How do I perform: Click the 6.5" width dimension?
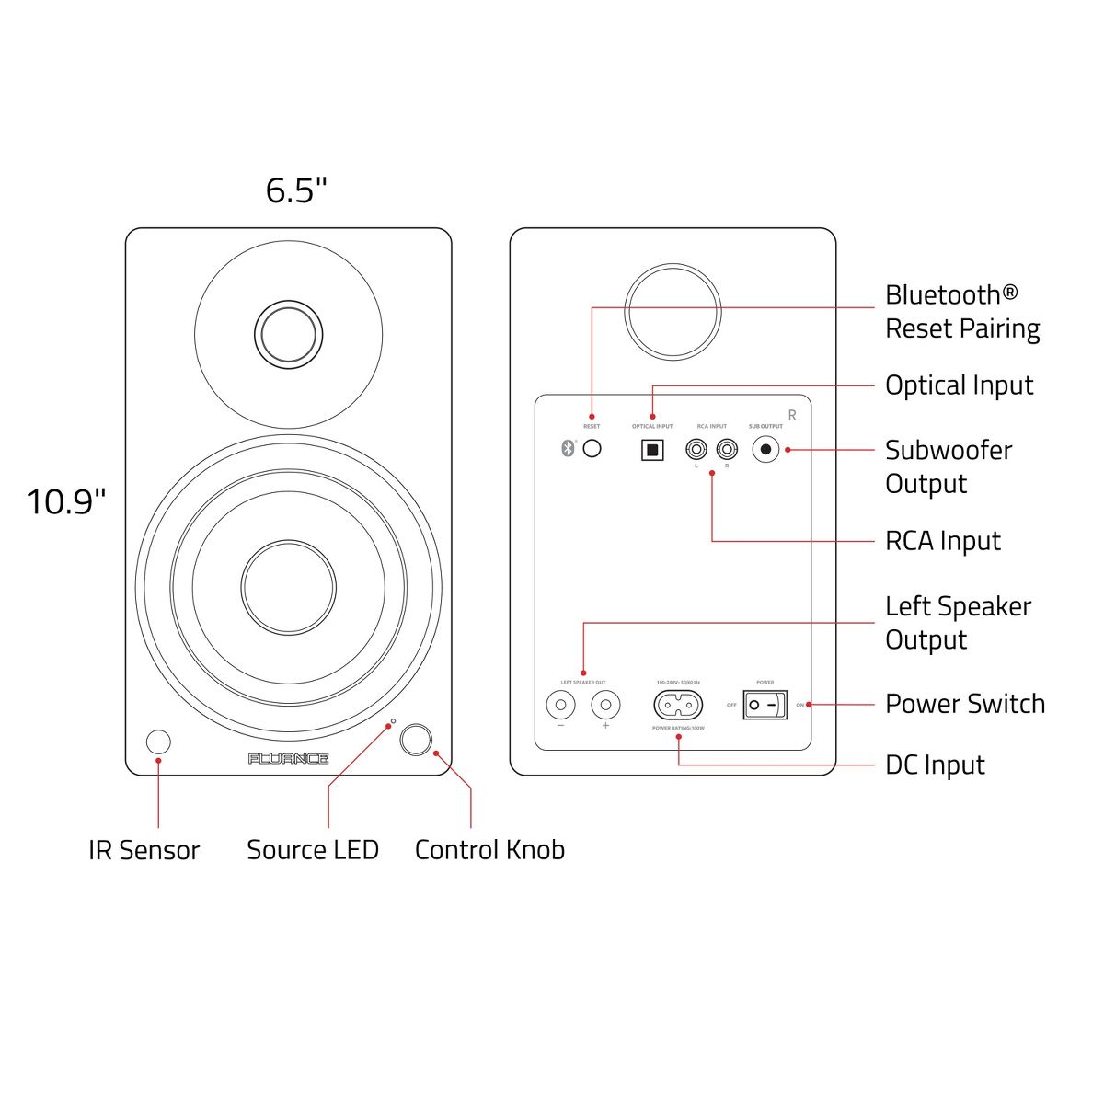click(296, 190)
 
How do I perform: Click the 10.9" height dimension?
click(65, 502)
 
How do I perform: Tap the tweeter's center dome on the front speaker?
click(288, 333)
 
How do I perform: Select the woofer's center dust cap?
click(288, 587)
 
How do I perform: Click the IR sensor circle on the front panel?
click(158, 742)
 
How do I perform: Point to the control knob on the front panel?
click(416, 739)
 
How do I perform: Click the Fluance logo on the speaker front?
click(288, 759)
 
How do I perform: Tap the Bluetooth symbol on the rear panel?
click(568, 449)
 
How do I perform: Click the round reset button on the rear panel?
click(592, 449)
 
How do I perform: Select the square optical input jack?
click(651, 450)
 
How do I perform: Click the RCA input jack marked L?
click(696, 450)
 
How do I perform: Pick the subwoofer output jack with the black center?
click(765, 450)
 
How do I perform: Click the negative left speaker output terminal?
click(560, 706)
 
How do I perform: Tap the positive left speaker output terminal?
click(605, 706)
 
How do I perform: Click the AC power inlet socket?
click(678, 706)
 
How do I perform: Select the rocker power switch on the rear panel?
click(765, 706)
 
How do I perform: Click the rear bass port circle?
click(673, 312)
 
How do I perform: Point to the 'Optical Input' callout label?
click(959, 385)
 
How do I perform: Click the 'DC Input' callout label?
click(935, 765)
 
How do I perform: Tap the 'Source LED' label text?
click(313, 850)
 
